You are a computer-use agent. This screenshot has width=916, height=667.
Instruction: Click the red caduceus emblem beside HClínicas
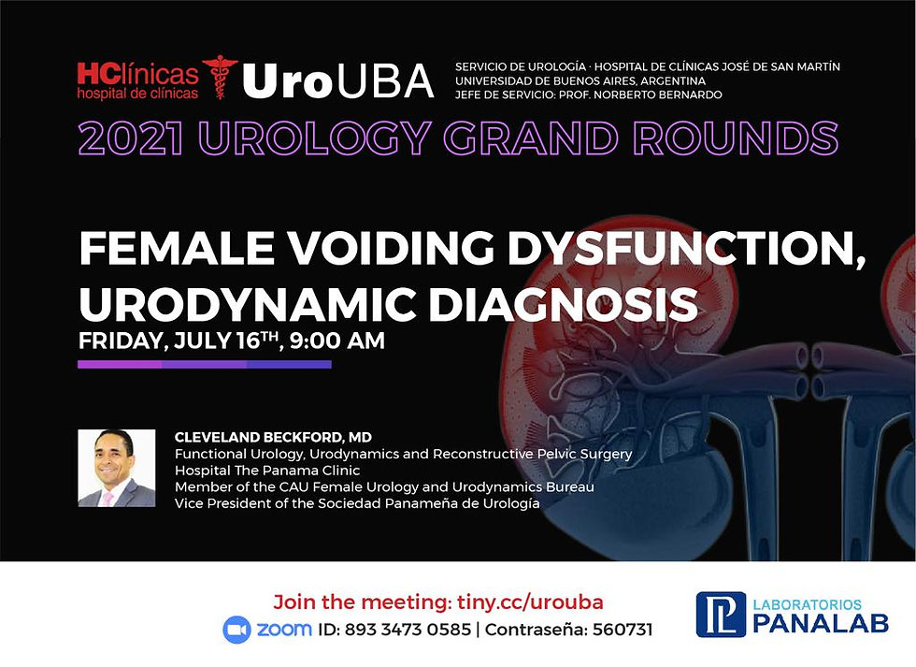(x=221, y=77)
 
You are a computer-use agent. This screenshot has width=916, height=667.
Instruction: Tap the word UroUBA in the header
(x=338, y=81)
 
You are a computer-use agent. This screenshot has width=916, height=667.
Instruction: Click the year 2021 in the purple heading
(x=132, y=138)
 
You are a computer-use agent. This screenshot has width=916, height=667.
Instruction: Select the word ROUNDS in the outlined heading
(x=736, y=138)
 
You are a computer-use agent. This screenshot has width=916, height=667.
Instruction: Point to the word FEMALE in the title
(x=177, y=248)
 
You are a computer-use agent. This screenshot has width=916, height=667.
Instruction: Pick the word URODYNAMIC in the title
(x=248, y=304)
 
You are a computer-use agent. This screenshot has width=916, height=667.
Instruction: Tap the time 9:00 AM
(x=337, y=341)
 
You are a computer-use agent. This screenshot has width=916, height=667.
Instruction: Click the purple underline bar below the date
(x=205, y=364)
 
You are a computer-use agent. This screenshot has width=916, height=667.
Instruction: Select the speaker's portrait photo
(x=117, y=468)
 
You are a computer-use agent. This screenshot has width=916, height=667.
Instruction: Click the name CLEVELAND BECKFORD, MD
(x=273, y=437)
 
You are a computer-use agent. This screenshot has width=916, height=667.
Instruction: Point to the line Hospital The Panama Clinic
(x=267, y=471)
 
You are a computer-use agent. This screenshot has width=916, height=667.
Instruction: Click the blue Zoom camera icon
(x=236, y=630)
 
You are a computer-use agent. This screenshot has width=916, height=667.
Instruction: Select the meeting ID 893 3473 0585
(x=408, y=630)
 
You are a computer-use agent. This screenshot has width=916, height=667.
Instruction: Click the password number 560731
(x=623, y=630)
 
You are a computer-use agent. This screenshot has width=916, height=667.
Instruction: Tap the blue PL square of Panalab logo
(x=721, y=615)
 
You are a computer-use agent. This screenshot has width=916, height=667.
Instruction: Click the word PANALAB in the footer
(x=821, y=623)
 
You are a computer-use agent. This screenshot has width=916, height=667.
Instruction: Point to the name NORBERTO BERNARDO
(x=658, y=94)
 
